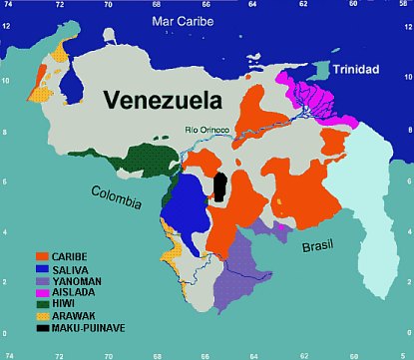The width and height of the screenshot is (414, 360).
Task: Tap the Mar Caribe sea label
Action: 187,20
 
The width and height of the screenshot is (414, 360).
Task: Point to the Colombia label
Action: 116,191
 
